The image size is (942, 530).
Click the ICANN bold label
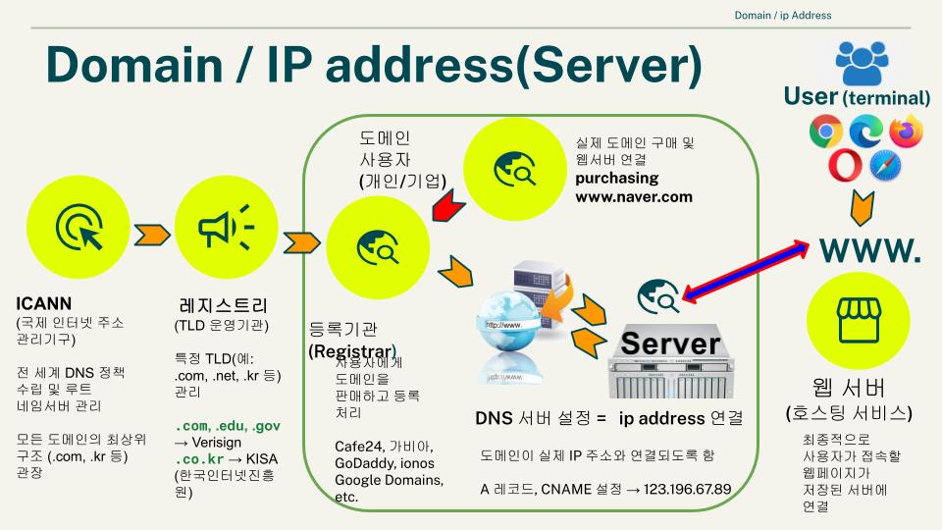[x=43, y=303]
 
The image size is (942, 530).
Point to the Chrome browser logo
[x=825, y=131]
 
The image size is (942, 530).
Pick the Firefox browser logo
[x=906, y=131]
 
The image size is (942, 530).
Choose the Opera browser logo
[x=844, y=166]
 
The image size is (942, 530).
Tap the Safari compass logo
[x=886, y=166]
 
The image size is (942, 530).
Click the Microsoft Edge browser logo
[x=865, y=131]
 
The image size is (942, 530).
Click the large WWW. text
[x=870, y=249]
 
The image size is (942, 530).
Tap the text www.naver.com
[x=633, y=196]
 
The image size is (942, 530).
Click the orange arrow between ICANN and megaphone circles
[x=151, y=236]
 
